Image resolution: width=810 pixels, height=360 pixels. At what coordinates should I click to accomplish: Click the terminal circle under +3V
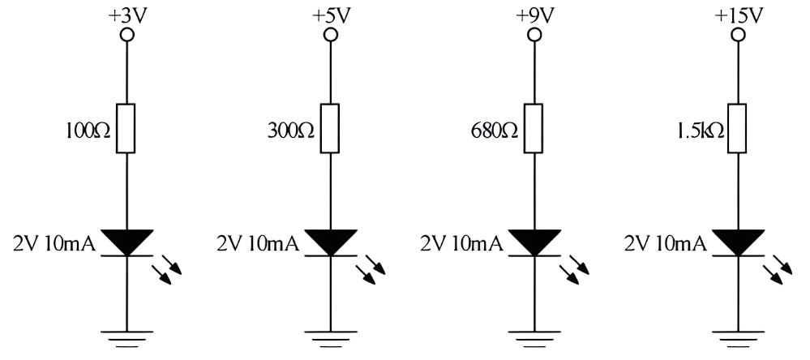126,35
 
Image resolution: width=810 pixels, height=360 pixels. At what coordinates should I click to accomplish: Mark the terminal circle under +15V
737,35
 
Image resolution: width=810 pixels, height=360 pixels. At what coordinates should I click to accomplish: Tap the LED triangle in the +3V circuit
126,240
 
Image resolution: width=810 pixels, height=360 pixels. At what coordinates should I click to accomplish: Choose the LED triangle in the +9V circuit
534,240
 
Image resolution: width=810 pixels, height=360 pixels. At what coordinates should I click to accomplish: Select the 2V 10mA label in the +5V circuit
257,241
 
